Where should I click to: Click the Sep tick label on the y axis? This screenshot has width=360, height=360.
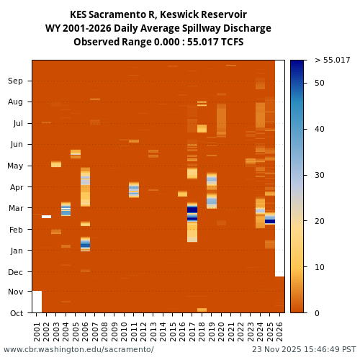click(15, 81)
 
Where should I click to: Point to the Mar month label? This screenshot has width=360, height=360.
click(15, 209)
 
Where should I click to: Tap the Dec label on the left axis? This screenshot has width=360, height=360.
click(15, 272)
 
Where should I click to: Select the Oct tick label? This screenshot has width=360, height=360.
click(15, 313)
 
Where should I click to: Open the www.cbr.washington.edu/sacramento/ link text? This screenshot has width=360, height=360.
click(78, 349)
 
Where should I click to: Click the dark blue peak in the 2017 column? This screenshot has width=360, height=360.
click(192, 210)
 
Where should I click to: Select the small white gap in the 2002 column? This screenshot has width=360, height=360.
click(46, 217)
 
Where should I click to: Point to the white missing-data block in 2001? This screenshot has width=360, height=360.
click(37, 302)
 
